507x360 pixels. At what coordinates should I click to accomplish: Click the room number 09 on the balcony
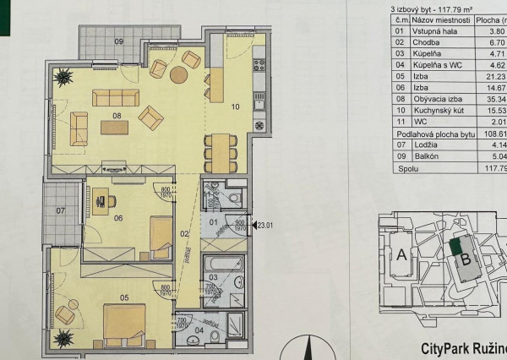pos(119,41)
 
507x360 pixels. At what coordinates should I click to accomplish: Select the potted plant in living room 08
pos(63,75)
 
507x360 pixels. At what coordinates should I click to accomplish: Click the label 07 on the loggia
pos(61,210)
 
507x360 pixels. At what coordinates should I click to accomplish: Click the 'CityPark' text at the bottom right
pos(446,347)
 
